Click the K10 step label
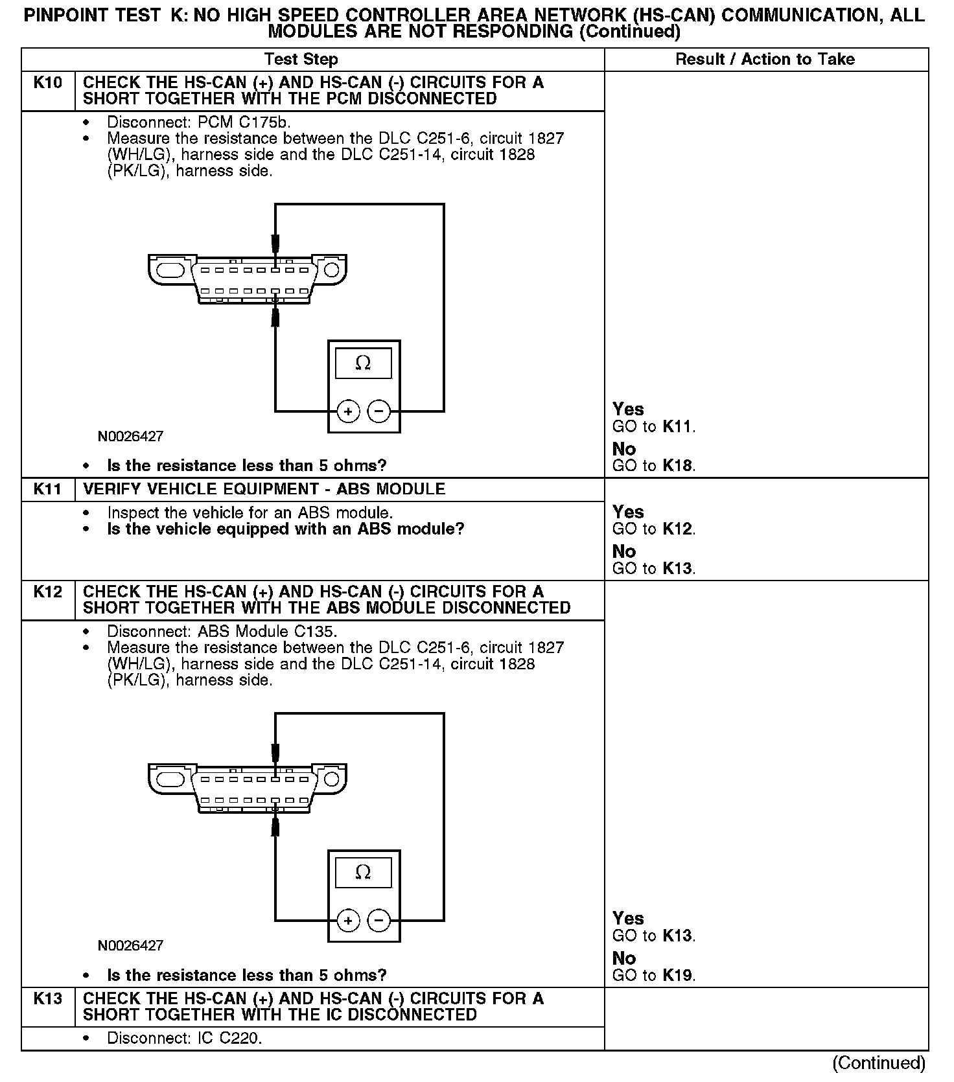click(x=48, y=83)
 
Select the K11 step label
click(x=48, y=489)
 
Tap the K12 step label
click(x=48, y=592)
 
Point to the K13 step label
click(x=48, y=998)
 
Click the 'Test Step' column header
click(x=301, y=60)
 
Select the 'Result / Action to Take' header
click(x=765, y=60)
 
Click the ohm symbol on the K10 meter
click(x=363, y=363)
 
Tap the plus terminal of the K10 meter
click(x=349, y=411)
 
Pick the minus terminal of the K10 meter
click(x=379, y=411)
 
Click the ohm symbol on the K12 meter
click(x=363, y=873)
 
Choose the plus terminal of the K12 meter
click(x=349, y=921)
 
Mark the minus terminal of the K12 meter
click(x=379, y=921)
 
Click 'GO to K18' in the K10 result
click(x=653, y=466)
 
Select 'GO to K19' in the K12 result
click(x=653, y=975)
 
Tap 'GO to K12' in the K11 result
click(x=653, y=529)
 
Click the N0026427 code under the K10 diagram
click(x=130, y=437)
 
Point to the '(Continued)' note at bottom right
click(x=879, y=1063)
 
